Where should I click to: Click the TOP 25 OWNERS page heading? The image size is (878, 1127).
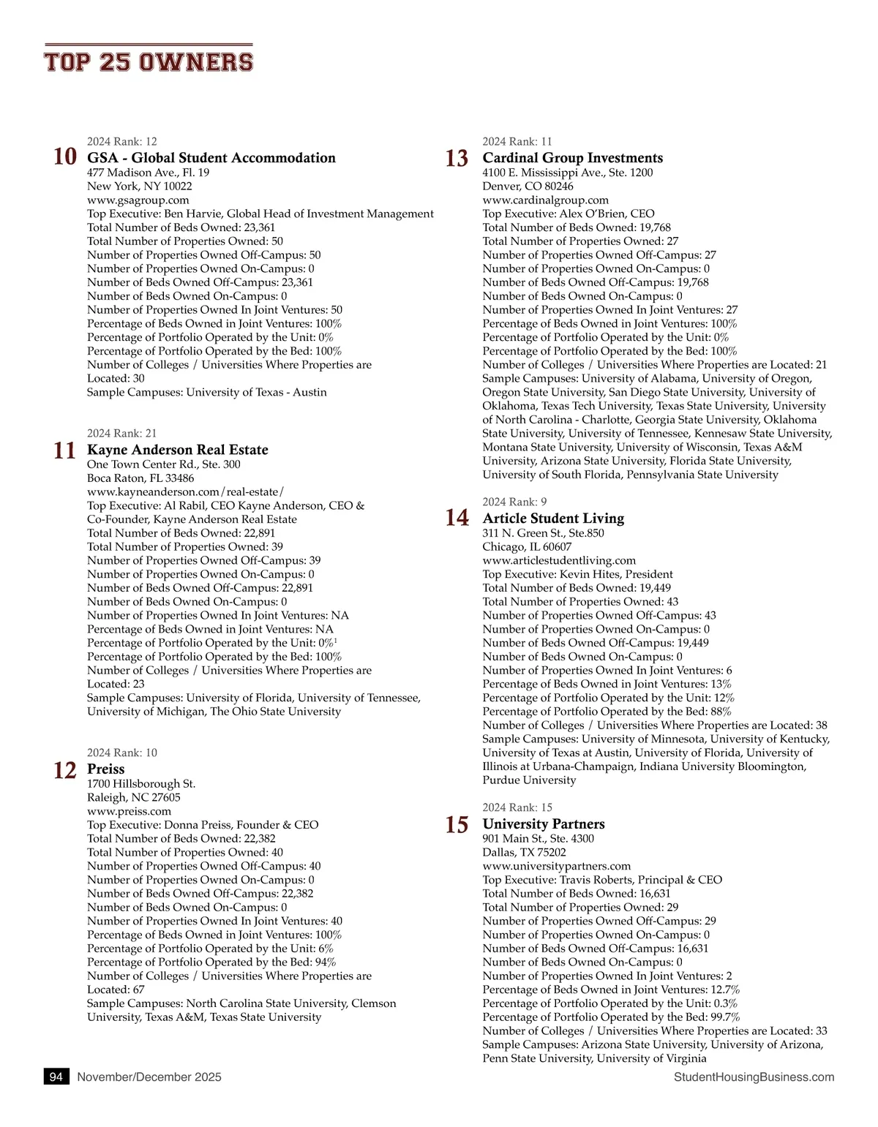[149, 62]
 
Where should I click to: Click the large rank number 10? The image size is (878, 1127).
[65, 157]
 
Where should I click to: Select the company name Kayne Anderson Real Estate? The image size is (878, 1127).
[178, 450]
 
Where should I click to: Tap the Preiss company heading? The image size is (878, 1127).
[106, 769]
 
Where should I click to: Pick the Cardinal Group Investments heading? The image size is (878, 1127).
[572, 158]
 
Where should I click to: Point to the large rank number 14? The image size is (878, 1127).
[457, 519]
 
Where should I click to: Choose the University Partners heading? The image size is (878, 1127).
[544, 824]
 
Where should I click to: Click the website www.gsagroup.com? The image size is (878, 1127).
[138, 200]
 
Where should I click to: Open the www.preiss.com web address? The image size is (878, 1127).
[130, 811]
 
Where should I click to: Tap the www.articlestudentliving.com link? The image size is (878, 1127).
[559, 561]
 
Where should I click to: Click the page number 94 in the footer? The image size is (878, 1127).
[56, 1077]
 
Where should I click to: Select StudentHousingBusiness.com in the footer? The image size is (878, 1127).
[754, 1077]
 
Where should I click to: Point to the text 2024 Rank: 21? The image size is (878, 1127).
[122, 434]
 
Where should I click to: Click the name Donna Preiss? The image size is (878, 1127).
[198, 825]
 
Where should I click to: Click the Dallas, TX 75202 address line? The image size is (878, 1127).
[524, 853]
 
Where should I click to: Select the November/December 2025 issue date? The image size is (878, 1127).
[149, 1077]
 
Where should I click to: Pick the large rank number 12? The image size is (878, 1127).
[65, 770]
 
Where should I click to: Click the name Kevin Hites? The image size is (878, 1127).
[589, 575]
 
